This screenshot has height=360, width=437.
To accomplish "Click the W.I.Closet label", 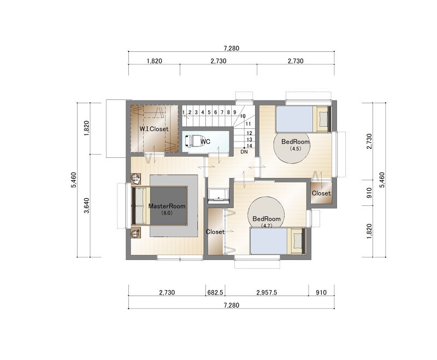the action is [x=154, y=129].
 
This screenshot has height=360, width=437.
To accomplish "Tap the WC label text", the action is [x=205, y=142].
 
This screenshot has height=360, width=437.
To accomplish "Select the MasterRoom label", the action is [x=167, y=206].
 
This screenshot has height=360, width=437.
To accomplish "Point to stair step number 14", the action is [x=249, y=146].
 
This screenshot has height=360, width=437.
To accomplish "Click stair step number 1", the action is [x=184, y=113].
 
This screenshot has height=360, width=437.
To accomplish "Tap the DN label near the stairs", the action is [x=244, y=152].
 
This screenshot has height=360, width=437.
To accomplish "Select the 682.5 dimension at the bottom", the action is [x=215, y=293].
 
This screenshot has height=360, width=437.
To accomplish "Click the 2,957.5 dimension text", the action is [x=267, y=293].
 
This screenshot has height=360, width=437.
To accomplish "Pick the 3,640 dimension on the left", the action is [x=87, y=205].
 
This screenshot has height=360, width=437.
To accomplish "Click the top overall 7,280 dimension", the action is [x=231, y=48].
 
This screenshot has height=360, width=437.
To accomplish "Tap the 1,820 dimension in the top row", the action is [x=154, y=61].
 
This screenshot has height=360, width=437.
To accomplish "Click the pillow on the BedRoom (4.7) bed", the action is [x=298, y=240].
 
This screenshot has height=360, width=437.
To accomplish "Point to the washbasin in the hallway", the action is [x=218, y=195].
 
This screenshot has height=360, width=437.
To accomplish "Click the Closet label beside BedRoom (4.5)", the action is [x=321, y=193].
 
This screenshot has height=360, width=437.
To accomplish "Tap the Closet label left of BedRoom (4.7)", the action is [x=215, y=232].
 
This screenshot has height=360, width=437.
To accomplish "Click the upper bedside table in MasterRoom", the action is [x=135, y=178].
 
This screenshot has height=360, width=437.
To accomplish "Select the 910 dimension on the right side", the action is [x=369, y=193].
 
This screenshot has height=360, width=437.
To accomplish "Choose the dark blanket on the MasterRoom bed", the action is [x=168, y=205].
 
